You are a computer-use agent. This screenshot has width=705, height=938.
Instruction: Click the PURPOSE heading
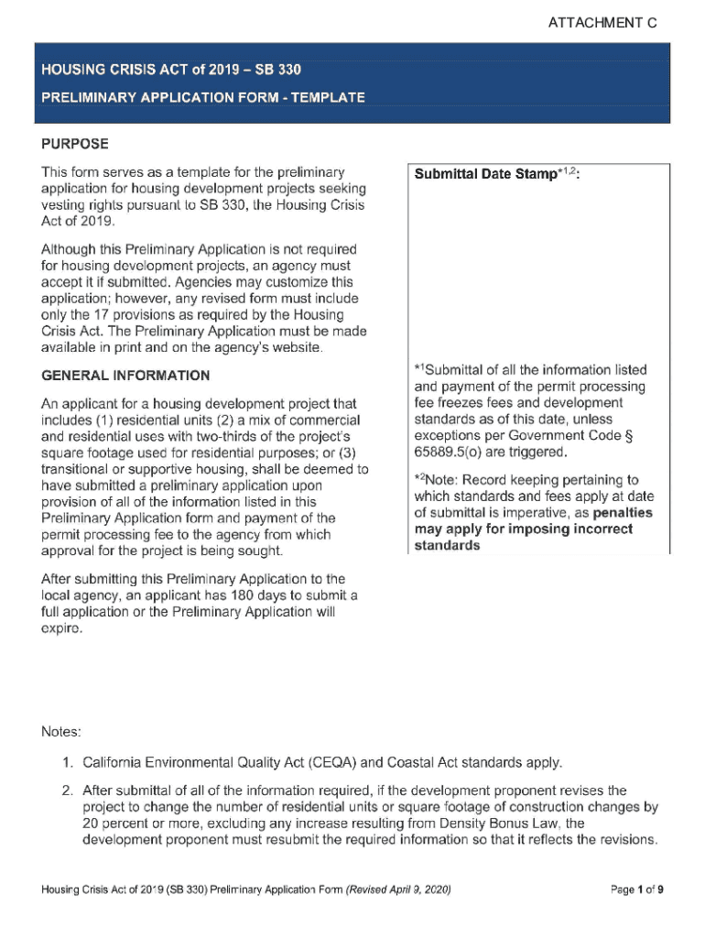(x=75, y=144)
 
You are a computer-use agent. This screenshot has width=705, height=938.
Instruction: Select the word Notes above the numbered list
(x=61, y=732)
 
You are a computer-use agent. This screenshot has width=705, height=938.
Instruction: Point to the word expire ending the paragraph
(x=63, y=629)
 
